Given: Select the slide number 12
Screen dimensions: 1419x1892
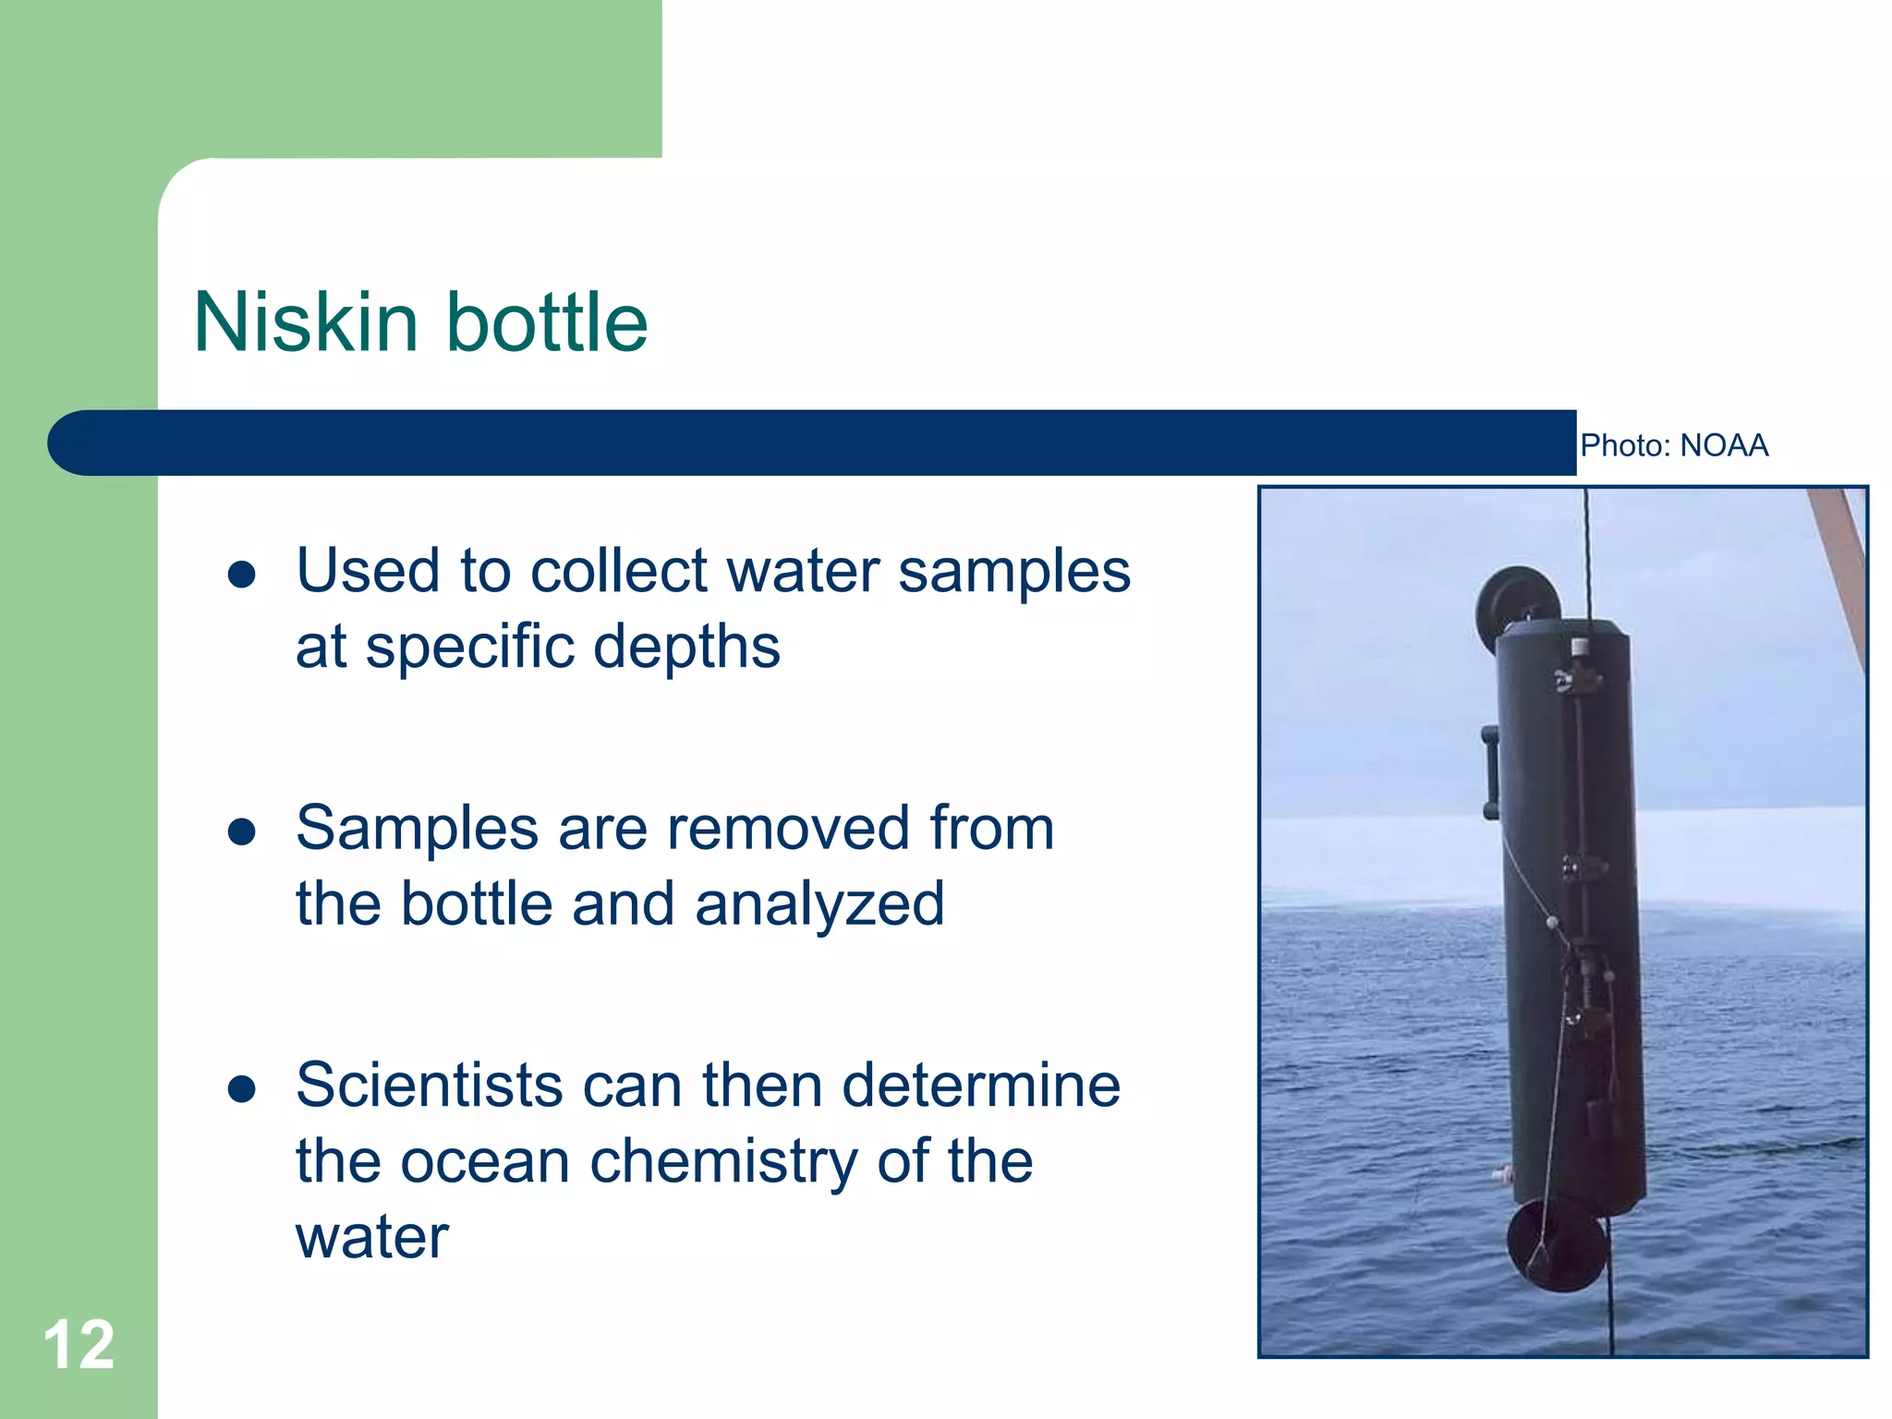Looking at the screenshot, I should tap(79, 1345).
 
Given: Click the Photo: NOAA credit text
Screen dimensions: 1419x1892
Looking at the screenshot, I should tap(1674, 445).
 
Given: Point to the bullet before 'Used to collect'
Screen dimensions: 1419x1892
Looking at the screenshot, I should tap(241, 575).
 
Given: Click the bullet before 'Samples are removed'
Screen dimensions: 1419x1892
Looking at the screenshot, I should tap(241, 831).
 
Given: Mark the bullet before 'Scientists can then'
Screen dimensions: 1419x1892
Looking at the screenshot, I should tap(241, 1088).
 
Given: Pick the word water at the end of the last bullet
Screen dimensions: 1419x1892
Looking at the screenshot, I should tap(372, 1236).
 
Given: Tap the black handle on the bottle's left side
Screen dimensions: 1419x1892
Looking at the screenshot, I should tap(1490, 771).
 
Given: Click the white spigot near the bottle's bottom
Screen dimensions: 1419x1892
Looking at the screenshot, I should tap(1502, 1176).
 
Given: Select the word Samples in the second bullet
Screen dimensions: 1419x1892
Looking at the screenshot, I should tap(418, 828).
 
